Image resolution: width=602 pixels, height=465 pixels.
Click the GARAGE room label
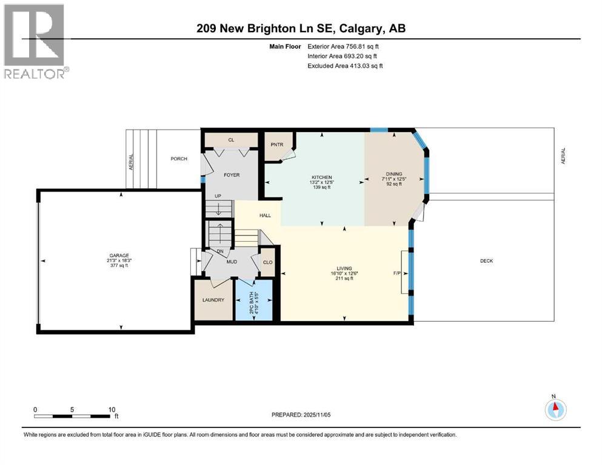coord(119,255)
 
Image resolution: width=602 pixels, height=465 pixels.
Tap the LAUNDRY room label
coord(213,300)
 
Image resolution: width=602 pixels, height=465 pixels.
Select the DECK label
coord(486,261)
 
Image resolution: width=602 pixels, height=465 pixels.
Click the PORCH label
coord(178,159)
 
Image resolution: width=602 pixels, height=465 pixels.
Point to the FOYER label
coord(232,175)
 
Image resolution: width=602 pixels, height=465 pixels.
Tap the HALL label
coord(266,215)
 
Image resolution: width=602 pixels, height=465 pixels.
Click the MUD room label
coord(231,262)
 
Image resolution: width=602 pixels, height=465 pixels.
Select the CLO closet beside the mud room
coord(267,263)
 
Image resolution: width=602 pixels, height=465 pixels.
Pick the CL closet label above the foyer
coord(231,140)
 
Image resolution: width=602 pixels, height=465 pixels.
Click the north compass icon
coord(555,409)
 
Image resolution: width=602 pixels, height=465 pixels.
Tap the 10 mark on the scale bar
coord(112,409)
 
